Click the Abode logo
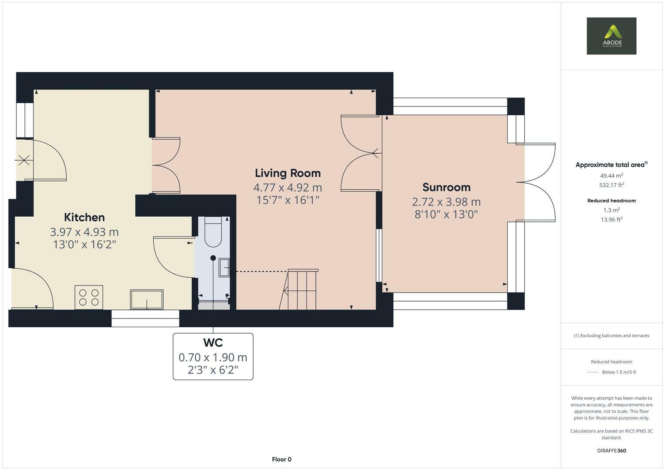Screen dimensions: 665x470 [611, 36]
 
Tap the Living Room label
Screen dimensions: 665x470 [288, 173]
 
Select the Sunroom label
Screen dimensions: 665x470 [446, 187]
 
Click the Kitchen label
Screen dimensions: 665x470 [84, 217]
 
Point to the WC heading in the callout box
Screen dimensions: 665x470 [213, 343]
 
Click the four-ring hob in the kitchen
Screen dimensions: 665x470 [89, 297]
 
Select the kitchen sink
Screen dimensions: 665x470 [147, 299]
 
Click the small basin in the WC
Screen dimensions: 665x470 [224, 268]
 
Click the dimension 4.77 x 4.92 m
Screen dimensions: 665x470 [288, 188]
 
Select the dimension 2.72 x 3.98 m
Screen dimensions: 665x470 [446, 202]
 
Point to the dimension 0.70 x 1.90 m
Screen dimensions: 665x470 [213, 357]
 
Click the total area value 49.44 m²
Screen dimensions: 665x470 [611, 175]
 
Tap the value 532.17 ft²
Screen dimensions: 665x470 [611, 185]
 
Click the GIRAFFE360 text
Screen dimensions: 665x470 [611, 451]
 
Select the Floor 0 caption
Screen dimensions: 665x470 [282, 459]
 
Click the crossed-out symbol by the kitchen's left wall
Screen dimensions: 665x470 [24, 160]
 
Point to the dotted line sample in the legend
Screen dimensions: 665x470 [593, 372]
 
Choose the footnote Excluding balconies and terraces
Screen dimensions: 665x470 [611, 336]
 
